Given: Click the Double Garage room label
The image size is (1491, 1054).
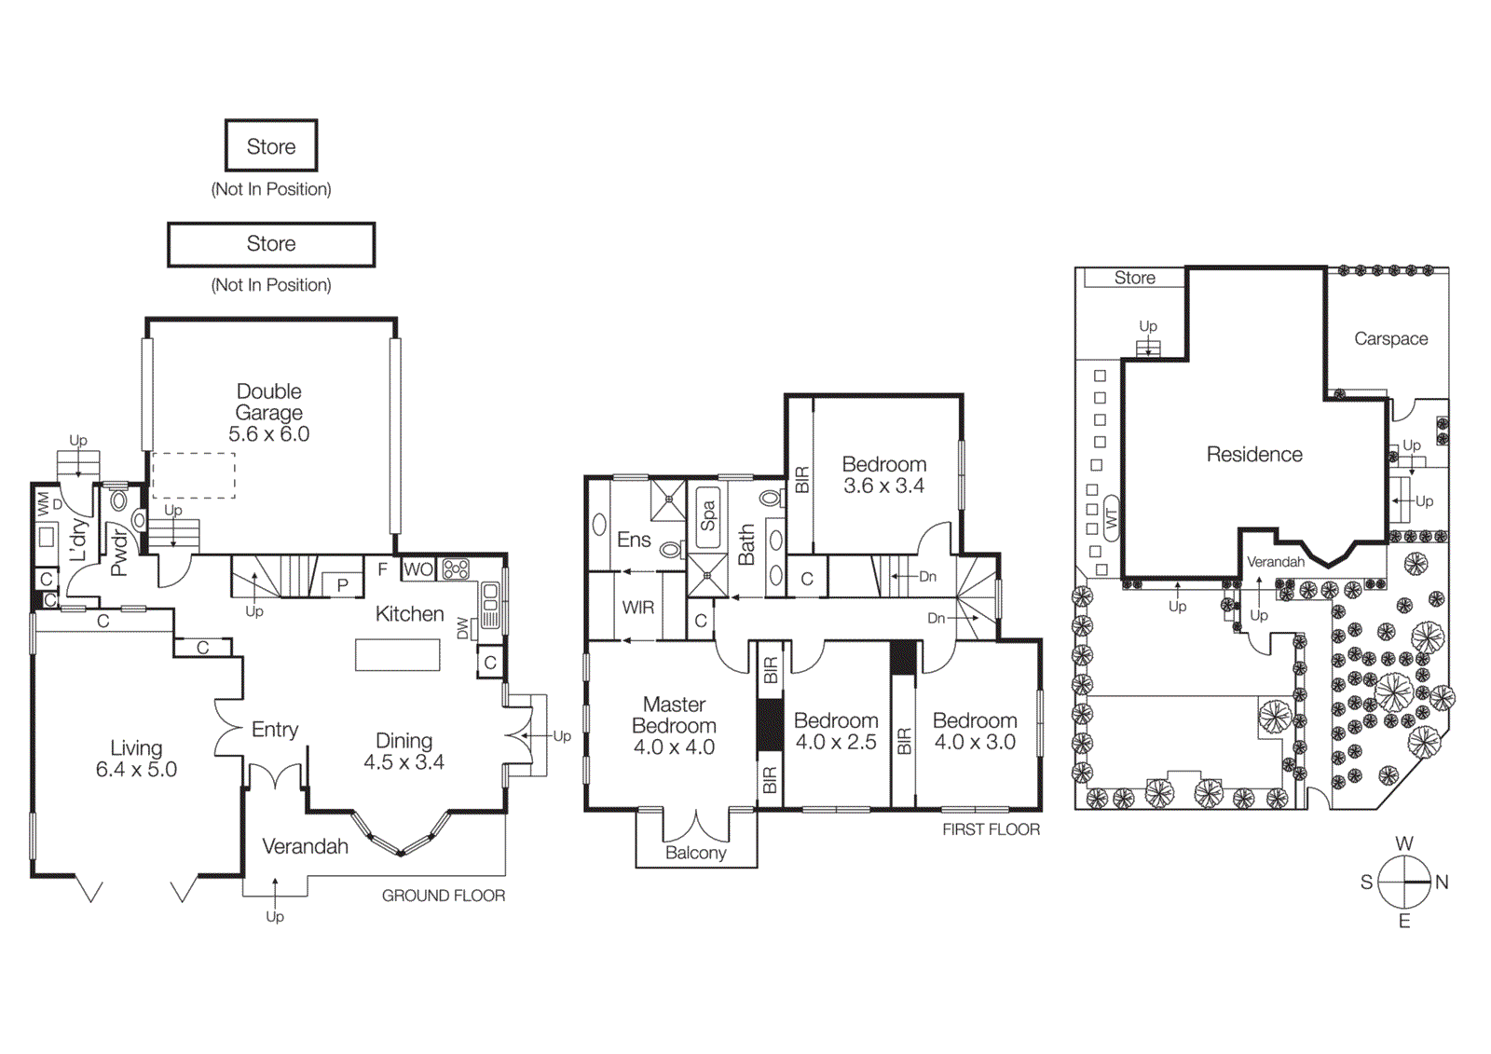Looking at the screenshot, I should click(x=268, y=412).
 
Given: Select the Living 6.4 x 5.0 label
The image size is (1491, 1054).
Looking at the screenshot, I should click(x=136, y=759).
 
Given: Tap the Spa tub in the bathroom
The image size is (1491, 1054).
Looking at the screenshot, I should click(x=707, y=515).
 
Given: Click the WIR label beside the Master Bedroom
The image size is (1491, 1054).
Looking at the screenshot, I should click(x=637, y=608).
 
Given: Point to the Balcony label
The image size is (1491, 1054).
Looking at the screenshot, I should click(x=695, y=853).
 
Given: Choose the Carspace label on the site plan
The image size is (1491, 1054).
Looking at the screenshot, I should click(x=1390, y=339).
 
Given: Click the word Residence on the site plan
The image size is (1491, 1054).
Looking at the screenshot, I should click(x=1254, y=455).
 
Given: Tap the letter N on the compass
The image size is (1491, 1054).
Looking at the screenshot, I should click(x=1442, y=883).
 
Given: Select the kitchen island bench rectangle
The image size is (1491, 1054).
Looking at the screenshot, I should click(x=397, y=654).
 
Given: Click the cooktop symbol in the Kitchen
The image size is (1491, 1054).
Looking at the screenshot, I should click(x=456, y=568).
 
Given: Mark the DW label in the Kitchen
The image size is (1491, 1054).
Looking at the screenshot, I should click(x=463, y=630).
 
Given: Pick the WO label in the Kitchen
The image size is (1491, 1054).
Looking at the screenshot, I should click(x=418, y=569).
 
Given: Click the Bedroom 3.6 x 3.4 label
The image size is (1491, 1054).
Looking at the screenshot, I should click(x=883, y=474).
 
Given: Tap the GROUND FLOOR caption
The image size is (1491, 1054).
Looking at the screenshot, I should click(x=444, y=896).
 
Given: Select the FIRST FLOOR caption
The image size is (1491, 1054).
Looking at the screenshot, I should click(x=991, y=829).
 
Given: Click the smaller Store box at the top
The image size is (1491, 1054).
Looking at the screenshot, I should click(x=271, y=146).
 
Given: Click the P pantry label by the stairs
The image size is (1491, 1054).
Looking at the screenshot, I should click(x=343, y=585).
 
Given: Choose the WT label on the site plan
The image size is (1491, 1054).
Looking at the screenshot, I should click(x=1111, y=519).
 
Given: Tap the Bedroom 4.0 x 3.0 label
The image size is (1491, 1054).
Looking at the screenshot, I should click(x=975, y=732).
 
